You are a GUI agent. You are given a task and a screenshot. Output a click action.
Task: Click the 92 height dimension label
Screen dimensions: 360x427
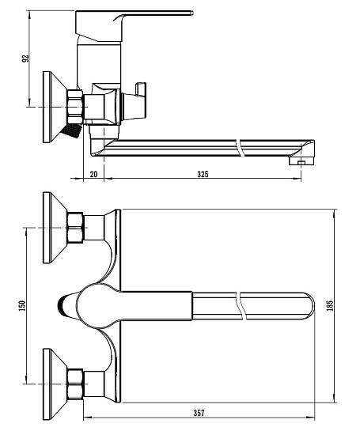(x=25, y=59)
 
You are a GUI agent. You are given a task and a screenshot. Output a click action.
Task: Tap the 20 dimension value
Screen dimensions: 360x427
(x=93, y=174)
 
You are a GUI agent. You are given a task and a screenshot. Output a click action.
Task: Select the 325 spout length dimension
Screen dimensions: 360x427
(x=203, y=174)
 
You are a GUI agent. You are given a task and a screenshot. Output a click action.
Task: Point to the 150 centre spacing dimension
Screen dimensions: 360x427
(x=22, y=305)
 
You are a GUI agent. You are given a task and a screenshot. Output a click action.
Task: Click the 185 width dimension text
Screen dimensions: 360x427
(x=329, y=305)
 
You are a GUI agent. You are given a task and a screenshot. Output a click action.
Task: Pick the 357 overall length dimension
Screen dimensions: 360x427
(x=199, y=413)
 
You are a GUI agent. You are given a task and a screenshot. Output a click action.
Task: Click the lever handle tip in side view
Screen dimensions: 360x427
(x=191, y=13)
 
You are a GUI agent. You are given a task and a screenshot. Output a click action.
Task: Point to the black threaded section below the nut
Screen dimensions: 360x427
(x=71, y=130)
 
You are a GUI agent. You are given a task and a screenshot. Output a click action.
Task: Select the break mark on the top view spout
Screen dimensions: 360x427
(x=242, y=305)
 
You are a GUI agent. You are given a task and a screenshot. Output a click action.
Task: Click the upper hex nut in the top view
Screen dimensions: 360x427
(x=75, y=228)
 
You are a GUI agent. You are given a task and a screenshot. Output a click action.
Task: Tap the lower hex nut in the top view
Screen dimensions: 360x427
(x=75, y=384)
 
